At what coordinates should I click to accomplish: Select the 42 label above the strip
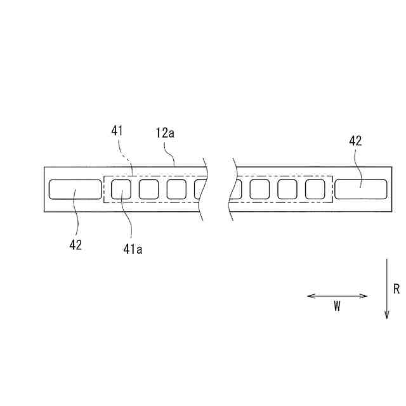355,141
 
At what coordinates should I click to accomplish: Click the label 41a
133,249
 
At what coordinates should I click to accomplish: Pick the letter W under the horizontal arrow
337,306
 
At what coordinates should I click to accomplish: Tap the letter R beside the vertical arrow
396,289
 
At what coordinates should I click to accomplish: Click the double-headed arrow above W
337,296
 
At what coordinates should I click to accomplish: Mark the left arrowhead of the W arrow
309,296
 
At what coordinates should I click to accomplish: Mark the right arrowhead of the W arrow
365,296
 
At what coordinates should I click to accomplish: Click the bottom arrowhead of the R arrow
386,315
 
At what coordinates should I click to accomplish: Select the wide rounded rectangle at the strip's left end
75,189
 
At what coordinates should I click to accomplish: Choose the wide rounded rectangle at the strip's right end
361,189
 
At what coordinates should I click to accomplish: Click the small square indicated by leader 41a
121,189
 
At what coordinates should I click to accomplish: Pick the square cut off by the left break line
199,189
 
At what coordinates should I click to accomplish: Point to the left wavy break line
204,189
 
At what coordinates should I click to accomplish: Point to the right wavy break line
232,189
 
